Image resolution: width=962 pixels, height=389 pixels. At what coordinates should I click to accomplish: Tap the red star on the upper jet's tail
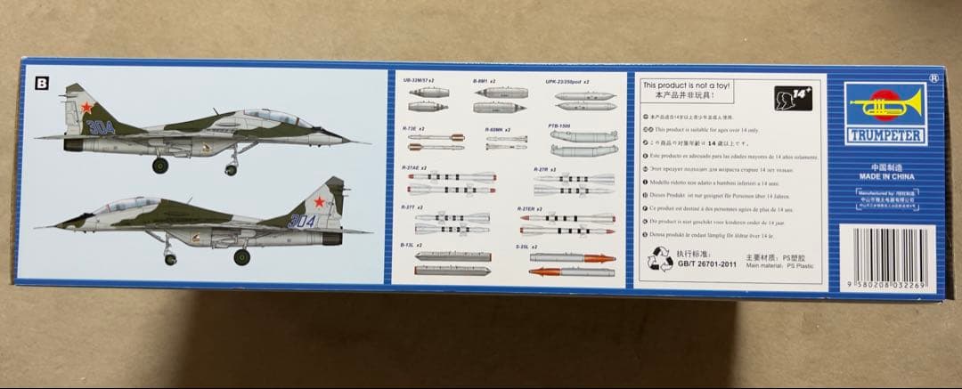pos(86,108)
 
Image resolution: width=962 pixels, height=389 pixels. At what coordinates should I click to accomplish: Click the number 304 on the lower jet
pos(302,221)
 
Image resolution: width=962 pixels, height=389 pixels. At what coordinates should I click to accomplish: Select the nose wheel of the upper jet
pos(232,169)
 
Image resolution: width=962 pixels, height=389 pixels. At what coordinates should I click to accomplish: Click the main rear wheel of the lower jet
pos(241,257)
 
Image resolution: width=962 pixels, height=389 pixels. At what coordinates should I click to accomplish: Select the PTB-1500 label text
pos(558,126)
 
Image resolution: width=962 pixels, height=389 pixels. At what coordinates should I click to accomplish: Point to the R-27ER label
pos(530,208)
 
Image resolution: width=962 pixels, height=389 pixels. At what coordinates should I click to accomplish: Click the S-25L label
pos(525,245)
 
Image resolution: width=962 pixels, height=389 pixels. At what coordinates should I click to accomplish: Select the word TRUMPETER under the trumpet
pos(885,137)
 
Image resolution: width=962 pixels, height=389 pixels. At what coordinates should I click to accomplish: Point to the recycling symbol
pos(659,261)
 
